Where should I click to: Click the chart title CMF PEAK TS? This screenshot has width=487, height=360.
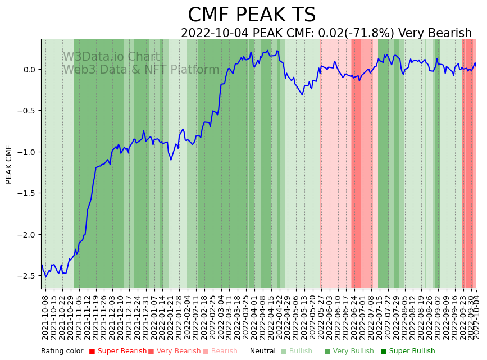pos(251,15)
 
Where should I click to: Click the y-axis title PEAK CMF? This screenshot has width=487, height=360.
pos(9,164)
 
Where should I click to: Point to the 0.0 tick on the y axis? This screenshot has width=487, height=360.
pos(29,70)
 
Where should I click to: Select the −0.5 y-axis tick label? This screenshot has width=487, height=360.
pos(26,111)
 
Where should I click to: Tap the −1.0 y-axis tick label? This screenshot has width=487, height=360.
pos(26,152)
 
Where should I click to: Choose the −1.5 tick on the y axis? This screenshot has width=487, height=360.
pos(26,193)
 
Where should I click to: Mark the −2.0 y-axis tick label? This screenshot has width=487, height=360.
pos(26,235)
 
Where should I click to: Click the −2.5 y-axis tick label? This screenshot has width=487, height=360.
pos(26,276)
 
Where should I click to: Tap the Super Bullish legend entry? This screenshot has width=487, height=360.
pos(412,352)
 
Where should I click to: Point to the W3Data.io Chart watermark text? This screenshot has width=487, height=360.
pos(111,57)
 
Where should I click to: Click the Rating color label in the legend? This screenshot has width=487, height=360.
pos(62,352)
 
